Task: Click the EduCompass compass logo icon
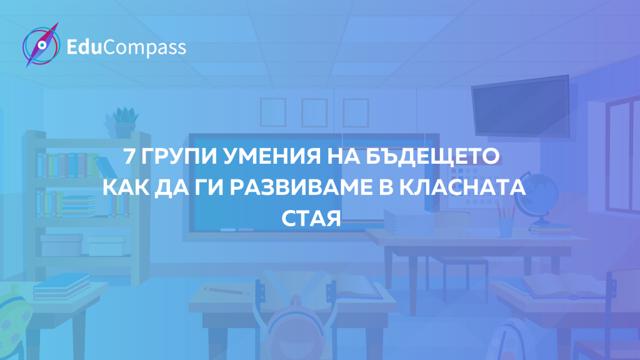tap(41, 45)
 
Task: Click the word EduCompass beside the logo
tap(126, 47)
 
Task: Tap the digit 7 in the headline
tap(129, 156)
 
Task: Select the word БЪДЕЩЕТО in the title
tap(432, 156)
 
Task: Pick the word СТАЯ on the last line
tap(311, 218)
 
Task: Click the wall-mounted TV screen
tap(521, 106)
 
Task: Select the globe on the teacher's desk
tap(537, 199)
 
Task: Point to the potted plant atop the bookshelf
tap(122, 122)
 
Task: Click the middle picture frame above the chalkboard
tap(314, 112)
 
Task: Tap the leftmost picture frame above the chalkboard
tap(273, 112)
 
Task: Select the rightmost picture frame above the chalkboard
tap(356, 112)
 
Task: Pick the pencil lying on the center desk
tap(226, 291)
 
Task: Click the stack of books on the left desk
tap(62, 286)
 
